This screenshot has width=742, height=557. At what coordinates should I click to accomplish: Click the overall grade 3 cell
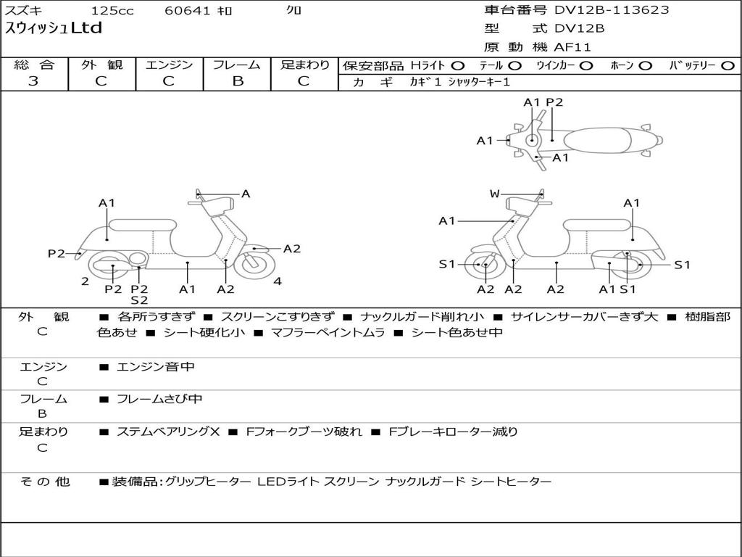33,81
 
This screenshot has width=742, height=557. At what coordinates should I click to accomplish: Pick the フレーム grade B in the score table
238,81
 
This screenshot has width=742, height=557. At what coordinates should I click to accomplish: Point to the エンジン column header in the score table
169,65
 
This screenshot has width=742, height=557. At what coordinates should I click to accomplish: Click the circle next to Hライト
458,66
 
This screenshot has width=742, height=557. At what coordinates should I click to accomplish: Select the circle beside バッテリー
728,66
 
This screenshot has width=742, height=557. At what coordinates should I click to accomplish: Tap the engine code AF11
572,48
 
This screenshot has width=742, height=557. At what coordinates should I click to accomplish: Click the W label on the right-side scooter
494,194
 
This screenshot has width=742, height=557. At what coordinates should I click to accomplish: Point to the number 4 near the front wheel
278,281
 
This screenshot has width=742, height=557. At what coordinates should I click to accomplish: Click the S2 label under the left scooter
139,300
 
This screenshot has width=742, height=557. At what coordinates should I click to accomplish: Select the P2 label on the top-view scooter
554,102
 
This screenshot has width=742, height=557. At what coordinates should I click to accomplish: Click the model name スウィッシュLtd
54,29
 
